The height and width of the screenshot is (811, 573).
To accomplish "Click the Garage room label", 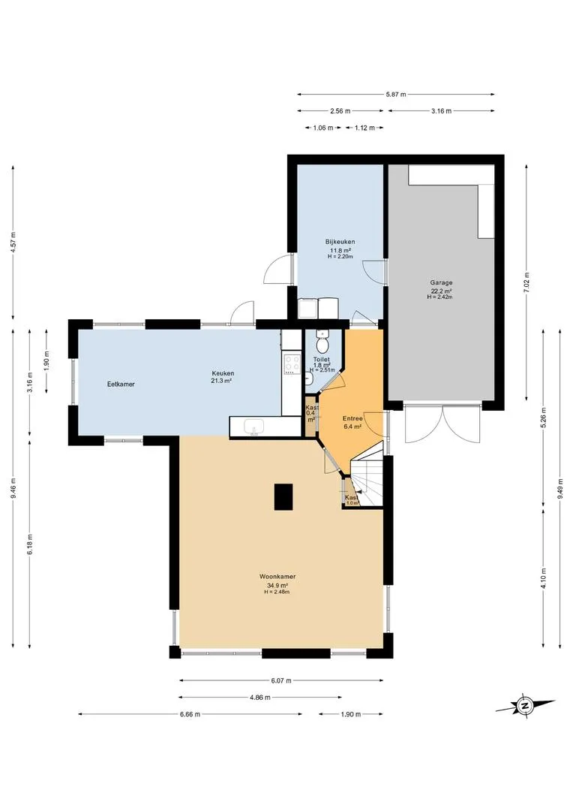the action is (441, 283).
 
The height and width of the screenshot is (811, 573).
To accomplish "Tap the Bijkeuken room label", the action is (340, 242).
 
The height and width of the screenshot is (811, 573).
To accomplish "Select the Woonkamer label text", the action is (277, 576).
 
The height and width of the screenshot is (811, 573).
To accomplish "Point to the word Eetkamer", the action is (121, 384).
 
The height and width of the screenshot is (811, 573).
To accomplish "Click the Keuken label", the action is (223, 373).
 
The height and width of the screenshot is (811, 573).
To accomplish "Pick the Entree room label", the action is (352, 418).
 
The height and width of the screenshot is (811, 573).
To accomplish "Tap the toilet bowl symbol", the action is (322, 342).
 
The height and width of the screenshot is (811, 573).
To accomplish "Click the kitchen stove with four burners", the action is (291, 363).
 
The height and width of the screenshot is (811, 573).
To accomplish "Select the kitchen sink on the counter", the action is (253, 427).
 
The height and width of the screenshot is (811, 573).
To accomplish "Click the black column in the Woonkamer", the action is (283, 496).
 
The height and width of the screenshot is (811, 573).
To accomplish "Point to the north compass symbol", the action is (525, 705).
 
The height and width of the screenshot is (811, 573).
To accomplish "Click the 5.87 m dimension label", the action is (396, 94).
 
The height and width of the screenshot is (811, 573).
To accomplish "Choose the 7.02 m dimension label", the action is (526, 282).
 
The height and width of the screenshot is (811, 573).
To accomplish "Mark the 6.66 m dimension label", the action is (190, 714).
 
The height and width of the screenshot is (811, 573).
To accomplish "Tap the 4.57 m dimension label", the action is (13, 240).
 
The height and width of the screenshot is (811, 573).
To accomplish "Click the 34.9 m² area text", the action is (277, 586).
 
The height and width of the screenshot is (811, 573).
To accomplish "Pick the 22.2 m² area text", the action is (441, 291).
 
